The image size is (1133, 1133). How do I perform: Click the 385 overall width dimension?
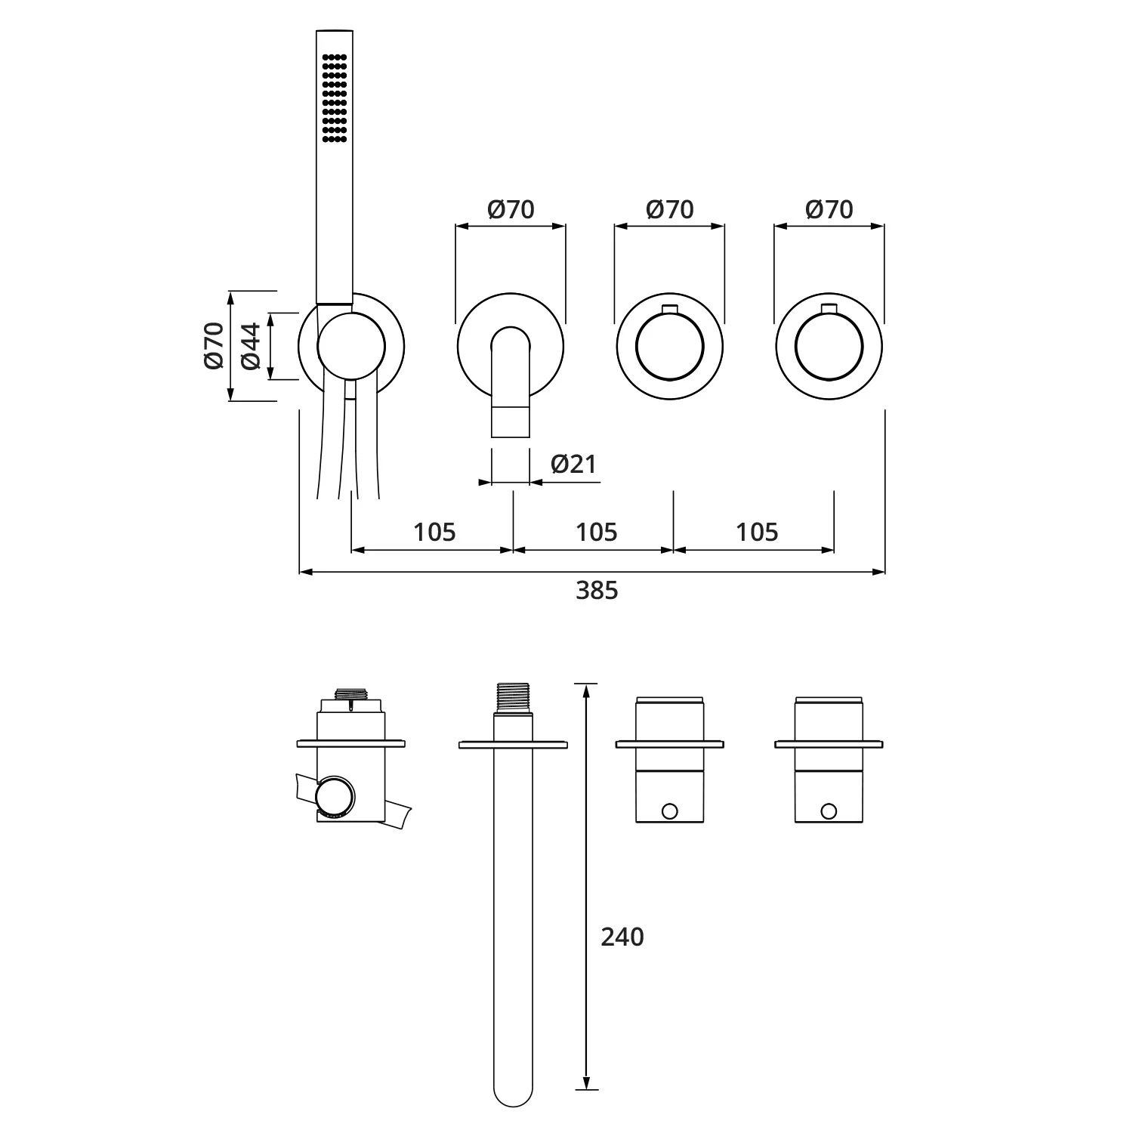click(597, 590)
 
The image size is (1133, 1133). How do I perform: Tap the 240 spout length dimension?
click(622, 937)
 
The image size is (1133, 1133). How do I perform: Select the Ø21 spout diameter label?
click(574, 464)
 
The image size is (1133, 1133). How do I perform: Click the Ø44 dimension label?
click(252, 346)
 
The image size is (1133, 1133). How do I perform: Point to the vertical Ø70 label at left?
click(214, 345)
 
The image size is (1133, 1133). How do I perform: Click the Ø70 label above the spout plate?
click(511, 209)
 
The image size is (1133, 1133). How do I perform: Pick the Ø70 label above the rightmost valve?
click(829, 209)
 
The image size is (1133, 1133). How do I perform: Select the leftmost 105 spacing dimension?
click(435, 533)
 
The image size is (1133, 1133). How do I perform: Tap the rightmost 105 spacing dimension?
click(757, 533)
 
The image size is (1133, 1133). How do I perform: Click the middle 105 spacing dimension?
click(597, 533)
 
